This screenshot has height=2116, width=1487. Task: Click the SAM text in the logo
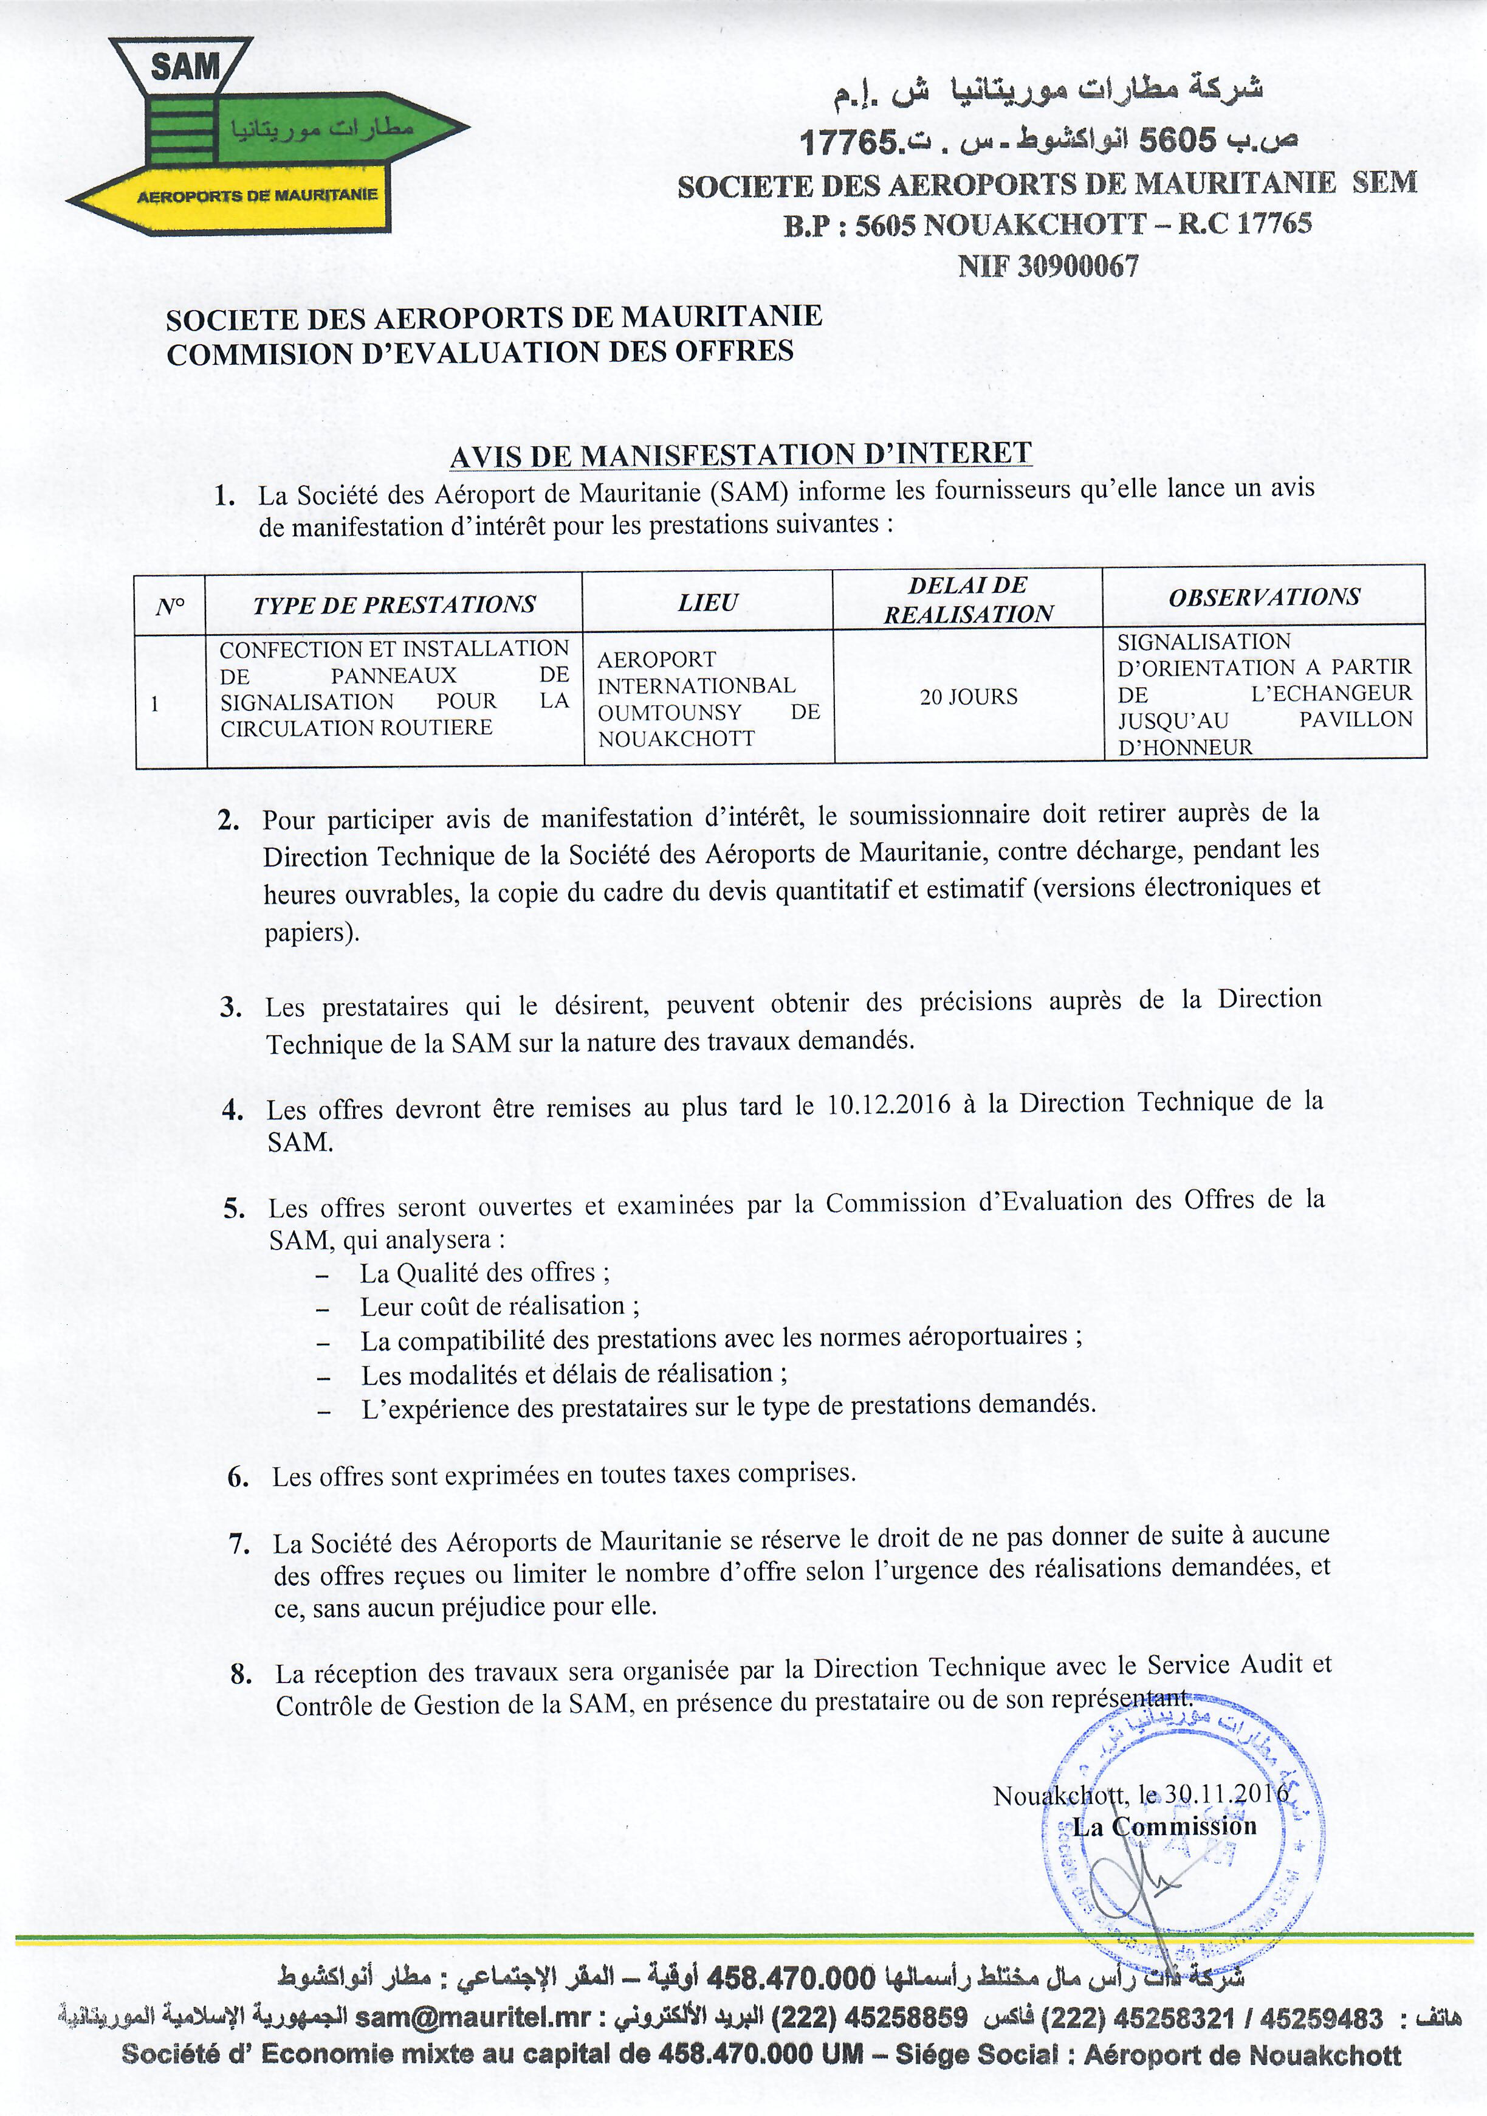tap(185, 66)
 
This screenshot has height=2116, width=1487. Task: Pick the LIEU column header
tap(707, 603)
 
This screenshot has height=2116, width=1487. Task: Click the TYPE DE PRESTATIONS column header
tap(394, 604)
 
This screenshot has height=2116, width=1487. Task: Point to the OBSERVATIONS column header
tap(1264, 597)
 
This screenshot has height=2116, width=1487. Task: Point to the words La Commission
tap(1164, 1826)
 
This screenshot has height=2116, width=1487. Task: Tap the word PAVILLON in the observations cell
tap(1355, 720)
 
